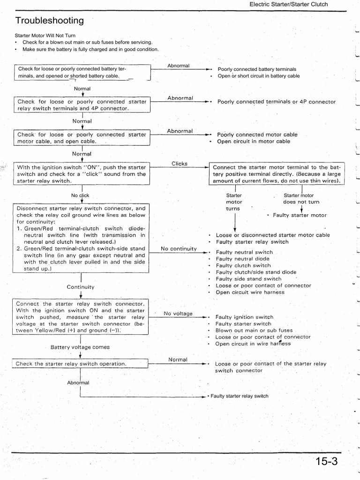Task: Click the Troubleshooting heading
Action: pos(50,21)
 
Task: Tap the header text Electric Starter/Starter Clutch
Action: pos(288,4)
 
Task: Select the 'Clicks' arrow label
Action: pos(180,164)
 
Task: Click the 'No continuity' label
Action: pos(179,248)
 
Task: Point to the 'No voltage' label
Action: pos(178,313)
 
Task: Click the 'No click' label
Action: pos(80,195)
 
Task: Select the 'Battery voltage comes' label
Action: pos(80,347)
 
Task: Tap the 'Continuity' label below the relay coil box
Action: pos(81,287)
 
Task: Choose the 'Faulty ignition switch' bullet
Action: pos(244,317)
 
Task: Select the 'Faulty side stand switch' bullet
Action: pos(248,279)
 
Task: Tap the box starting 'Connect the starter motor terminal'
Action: pos(277,174)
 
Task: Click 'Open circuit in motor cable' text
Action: pos(253,142)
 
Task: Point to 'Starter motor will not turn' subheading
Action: pos(45,36)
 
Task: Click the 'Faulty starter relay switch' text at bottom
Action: pos(240,396)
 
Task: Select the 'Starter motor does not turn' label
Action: pos(301,199)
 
